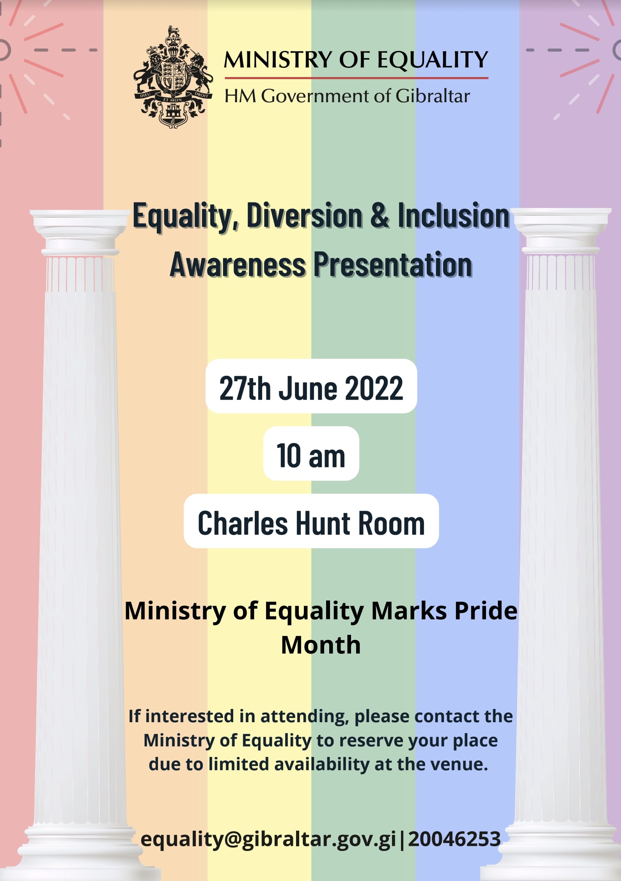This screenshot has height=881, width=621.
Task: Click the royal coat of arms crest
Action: coord(173,77)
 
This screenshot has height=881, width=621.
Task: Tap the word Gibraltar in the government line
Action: coord(433,96)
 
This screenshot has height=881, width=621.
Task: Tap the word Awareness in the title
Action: coord(238,265)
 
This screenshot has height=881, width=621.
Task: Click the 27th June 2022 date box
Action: coord(311,386)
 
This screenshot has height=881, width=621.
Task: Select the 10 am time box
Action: coord(311,453)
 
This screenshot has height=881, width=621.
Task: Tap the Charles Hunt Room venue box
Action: coord(311,521)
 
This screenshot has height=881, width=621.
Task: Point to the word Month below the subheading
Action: coord(321,645)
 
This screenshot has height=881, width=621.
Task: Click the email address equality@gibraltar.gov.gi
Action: coord(268,838)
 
